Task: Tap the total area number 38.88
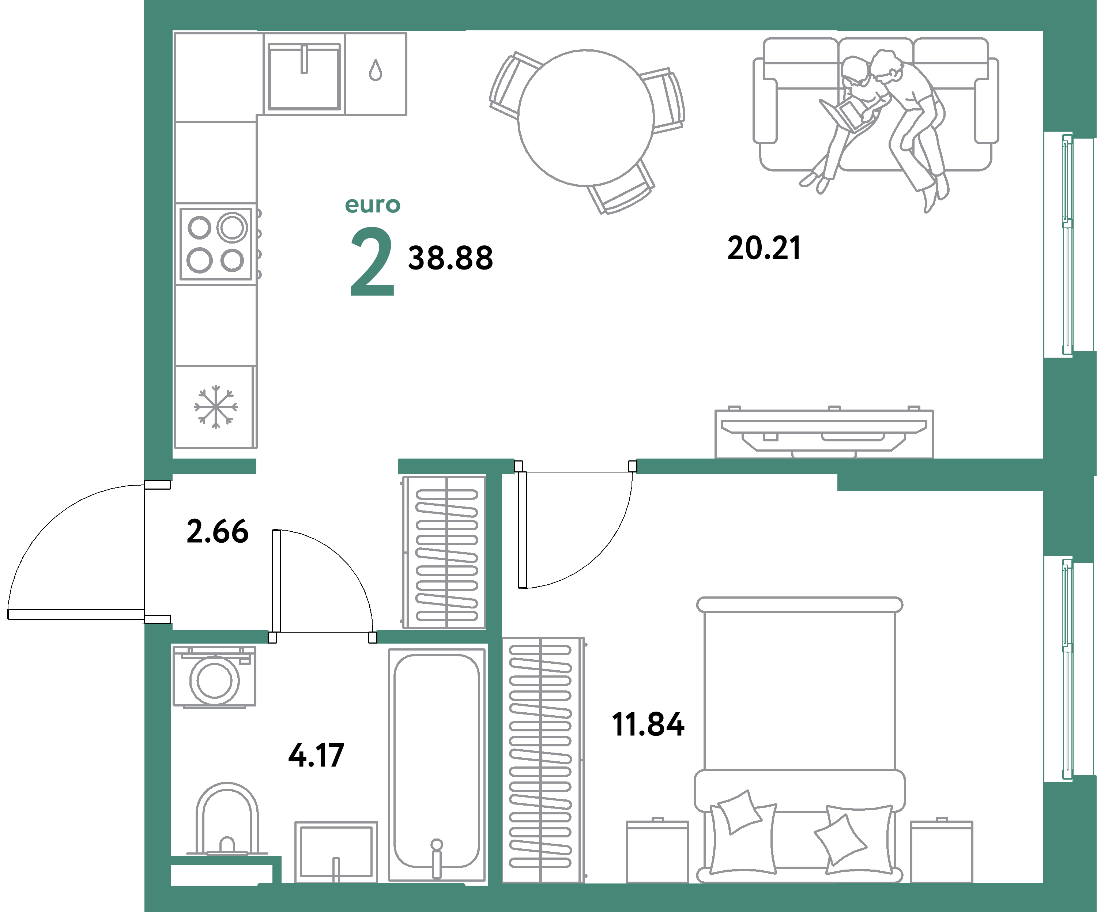[450, 258]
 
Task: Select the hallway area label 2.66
[217, 532]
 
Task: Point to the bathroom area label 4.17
[316, 755]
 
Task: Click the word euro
[373, 205]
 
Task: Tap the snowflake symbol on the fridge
[215, 407]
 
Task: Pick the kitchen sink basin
[304, 77]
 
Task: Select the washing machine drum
[214, 681]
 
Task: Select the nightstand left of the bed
[657, 851]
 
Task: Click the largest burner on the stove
[232, 227]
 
